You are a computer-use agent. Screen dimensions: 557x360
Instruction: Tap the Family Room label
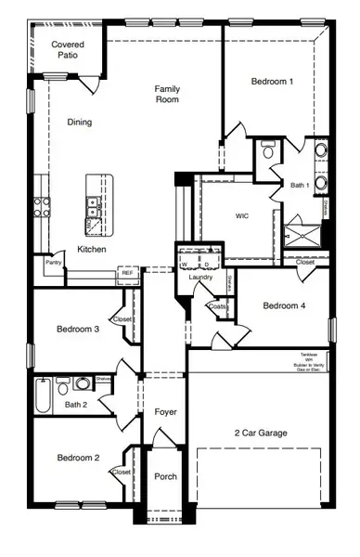pos(167,94)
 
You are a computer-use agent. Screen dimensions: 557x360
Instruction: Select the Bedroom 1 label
pos(273,82)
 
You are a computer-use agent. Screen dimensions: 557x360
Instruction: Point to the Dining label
pos(80,122)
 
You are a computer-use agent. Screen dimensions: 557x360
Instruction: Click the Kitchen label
pos(91,250)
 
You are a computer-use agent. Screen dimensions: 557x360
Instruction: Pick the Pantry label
pos(53,263)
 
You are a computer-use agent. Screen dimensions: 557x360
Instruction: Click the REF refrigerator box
pos(126,273)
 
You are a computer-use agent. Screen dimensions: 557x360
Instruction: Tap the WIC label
pos(242,215)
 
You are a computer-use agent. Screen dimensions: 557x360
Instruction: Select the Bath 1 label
pos(299,186)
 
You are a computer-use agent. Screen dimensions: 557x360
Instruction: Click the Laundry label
pos(201,278)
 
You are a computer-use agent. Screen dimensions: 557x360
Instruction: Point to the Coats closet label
pos(218,306)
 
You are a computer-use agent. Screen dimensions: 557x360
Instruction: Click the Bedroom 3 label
pos(77,330)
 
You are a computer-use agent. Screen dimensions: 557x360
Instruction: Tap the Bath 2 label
pos(75,404)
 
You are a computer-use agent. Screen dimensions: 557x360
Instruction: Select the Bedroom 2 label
pos(77,458)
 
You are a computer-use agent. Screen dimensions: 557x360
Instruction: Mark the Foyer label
pos(165,411)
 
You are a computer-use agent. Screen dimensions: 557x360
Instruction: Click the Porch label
pos(165,477)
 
